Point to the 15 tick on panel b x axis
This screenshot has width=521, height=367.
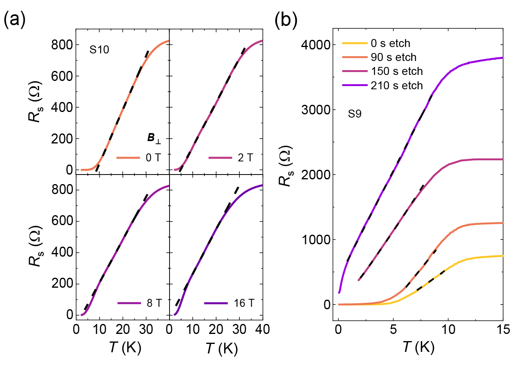(x=502, y=332)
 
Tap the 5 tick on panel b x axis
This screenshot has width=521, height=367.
(x=393, y=332)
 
